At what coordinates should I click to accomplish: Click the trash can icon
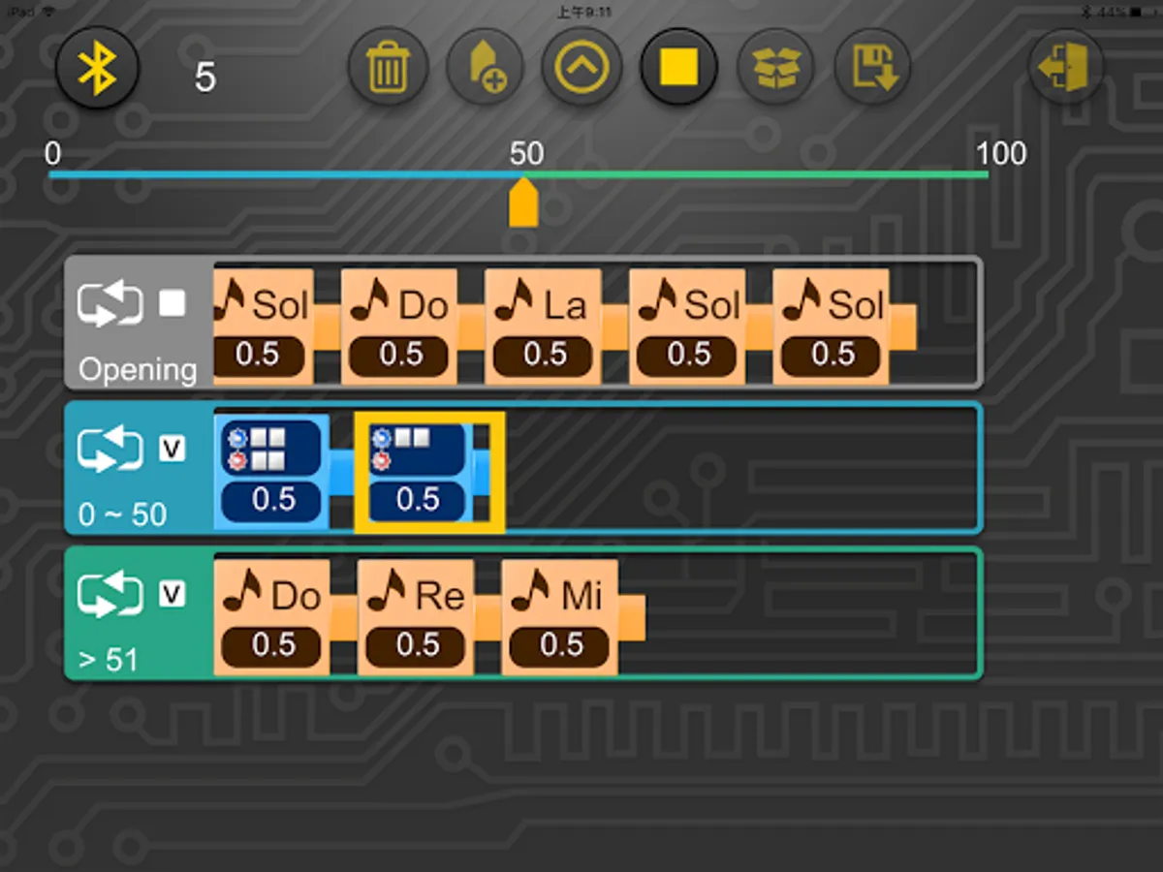[x=388, y=68]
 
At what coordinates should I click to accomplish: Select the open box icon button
[x=776, y=68]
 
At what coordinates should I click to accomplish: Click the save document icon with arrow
[x=872, y=68]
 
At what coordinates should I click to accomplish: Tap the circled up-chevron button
[x=581, y=68]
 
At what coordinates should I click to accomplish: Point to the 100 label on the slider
[x=1000, y=153]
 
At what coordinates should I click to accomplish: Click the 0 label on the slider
[x=52, y=153]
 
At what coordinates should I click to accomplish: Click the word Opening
[x=137, y=369]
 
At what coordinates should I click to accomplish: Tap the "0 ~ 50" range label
[x=122, y=514]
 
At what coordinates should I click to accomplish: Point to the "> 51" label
[x=108, y=660]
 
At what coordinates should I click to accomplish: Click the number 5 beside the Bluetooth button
[x=204, y=78]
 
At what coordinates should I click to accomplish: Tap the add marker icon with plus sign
[x=485, y=68]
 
